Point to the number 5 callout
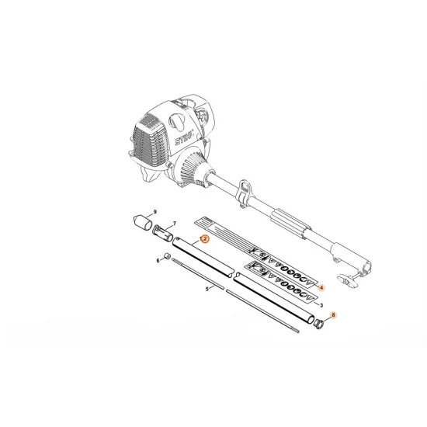[x=207, y=288]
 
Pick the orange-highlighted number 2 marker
[x=205, y=240]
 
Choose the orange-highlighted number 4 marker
[x=322, y=287]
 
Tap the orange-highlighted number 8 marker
[x=333, y=315]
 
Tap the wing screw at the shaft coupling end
[x=349, y=276]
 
